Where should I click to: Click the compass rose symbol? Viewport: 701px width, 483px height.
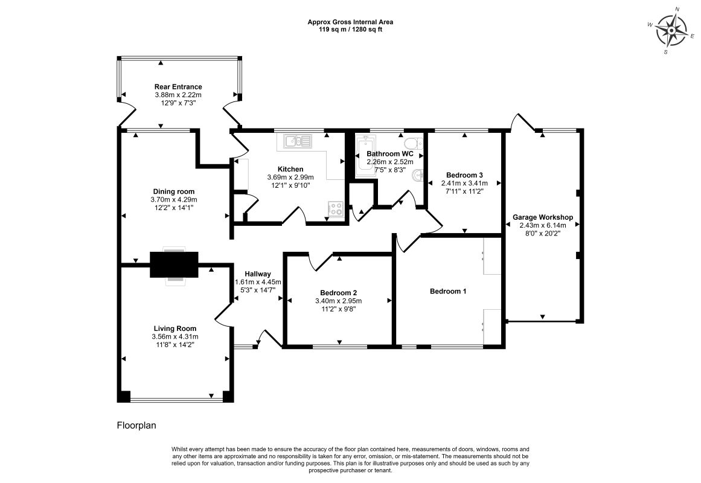click(x=671, y=30)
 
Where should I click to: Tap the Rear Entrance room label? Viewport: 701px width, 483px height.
click(x=178, y=87)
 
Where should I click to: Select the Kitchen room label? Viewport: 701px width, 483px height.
click(x=290, y=169)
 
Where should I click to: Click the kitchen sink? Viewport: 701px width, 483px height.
click(x=297, y=141)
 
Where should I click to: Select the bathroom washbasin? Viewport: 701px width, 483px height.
click(x=417, y=175)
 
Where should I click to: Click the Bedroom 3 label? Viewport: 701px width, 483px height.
click(x=464, y=175)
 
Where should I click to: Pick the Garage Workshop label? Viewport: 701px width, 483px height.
click(x=543, y=217)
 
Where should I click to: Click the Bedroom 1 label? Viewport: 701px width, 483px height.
click(x=448, y=291)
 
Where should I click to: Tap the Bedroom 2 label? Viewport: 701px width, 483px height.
click(x=339, y=293)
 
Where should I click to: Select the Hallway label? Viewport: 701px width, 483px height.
click(x=257, y=274)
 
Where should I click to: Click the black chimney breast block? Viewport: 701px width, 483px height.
click(x=174, y=265)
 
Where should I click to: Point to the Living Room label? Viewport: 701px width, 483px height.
click(x=175, y=328)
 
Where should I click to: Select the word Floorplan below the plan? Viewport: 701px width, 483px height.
click(x=136, y=425)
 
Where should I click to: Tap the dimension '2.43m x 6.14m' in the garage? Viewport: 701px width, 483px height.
click(x=543, y=225)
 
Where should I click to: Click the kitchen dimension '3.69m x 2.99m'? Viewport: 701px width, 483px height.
click(x=290, y=177)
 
